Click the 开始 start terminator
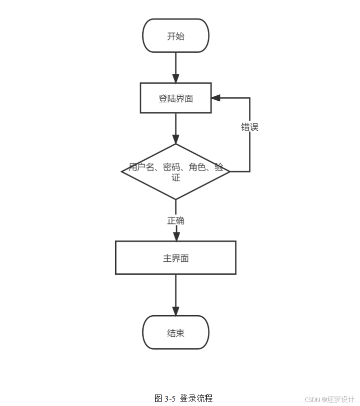(x=176, y=36)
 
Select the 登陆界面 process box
(x=176, y=98)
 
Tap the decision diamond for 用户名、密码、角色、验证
(x=176, y=172)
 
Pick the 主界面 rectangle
(x=176, y=258)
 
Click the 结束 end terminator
(x=176, y=332)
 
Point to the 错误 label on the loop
(x=250, y=127)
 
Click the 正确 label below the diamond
(x=176, y=220)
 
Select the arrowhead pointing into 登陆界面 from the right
(x=216, y=98)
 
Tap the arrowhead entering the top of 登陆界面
(x=176, y=78)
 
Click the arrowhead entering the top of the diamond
(x=176, y=140)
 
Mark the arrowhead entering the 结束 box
(x=176, y=311)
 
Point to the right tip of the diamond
(x=229, y=172)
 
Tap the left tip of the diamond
(x=122, y=172)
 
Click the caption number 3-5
(x=170, y=399)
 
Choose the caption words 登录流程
(x=196, y=399)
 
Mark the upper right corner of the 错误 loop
(x=250, y=98)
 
